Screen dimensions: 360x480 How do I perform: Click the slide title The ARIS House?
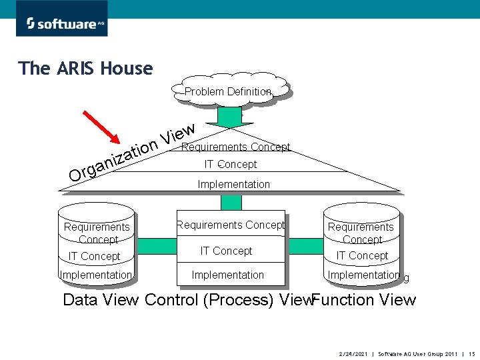coord(85,68)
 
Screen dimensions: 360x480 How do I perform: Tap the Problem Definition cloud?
coord(229,91)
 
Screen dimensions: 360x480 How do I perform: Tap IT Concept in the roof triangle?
coord(230,164)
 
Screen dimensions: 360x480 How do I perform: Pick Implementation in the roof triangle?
coord(233,183)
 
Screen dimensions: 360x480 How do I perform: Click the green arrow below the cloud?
coord(230,117)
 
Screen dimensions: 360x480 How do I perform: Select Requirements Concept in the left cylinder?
coord(97,233)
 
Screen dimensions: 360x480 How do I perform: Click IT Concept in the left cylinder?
coord(95,256)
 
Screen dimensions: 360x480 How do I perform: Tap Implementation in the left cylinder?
coord(96,275)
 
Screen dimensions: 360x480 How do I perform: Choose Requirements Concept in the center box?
coord(230,225)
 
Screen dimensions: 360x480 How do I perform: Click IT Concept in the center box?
coord(227,251)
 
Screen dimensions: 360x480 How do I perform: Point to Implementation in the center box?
coord(227,275)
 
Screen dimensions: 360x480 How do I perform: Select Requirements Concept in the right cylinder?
coord(361,233)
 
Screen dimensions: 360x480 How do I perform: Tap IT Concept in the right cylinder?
coord(362,255)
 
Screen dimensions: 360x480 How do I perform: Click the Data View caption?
coord(101,299)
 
